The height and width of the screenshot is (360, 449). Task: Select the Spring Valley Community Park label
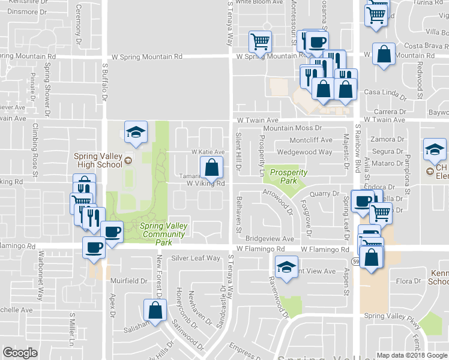tap(163, 234)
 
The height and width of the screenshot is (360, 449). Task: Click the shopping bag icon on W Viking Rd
tap(212, 168)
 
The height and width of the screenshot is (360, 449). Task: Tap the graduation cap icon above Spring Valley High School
tap(136, 132)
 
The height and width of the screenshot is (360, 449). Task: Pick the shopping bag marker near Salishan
tap(155, 310)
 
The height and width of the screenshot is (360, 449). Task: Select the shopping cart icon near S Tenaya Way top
tap(261, 41)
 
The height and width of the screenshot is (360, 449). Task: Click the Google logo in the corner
tap(20, 352)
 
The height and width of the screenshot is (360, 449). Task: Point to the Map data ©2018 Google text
tap(411, 355)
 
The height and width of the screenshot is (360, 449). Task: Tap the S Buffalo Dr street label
tap(104, 82)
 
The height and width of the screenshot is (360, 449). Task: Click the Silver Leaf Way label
tap(196, 258)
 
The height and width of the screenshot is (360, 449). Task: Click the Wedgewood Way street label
tap(304, 152)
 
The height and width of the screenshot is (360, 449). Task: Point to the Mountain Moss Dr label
tap(292, 128)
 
